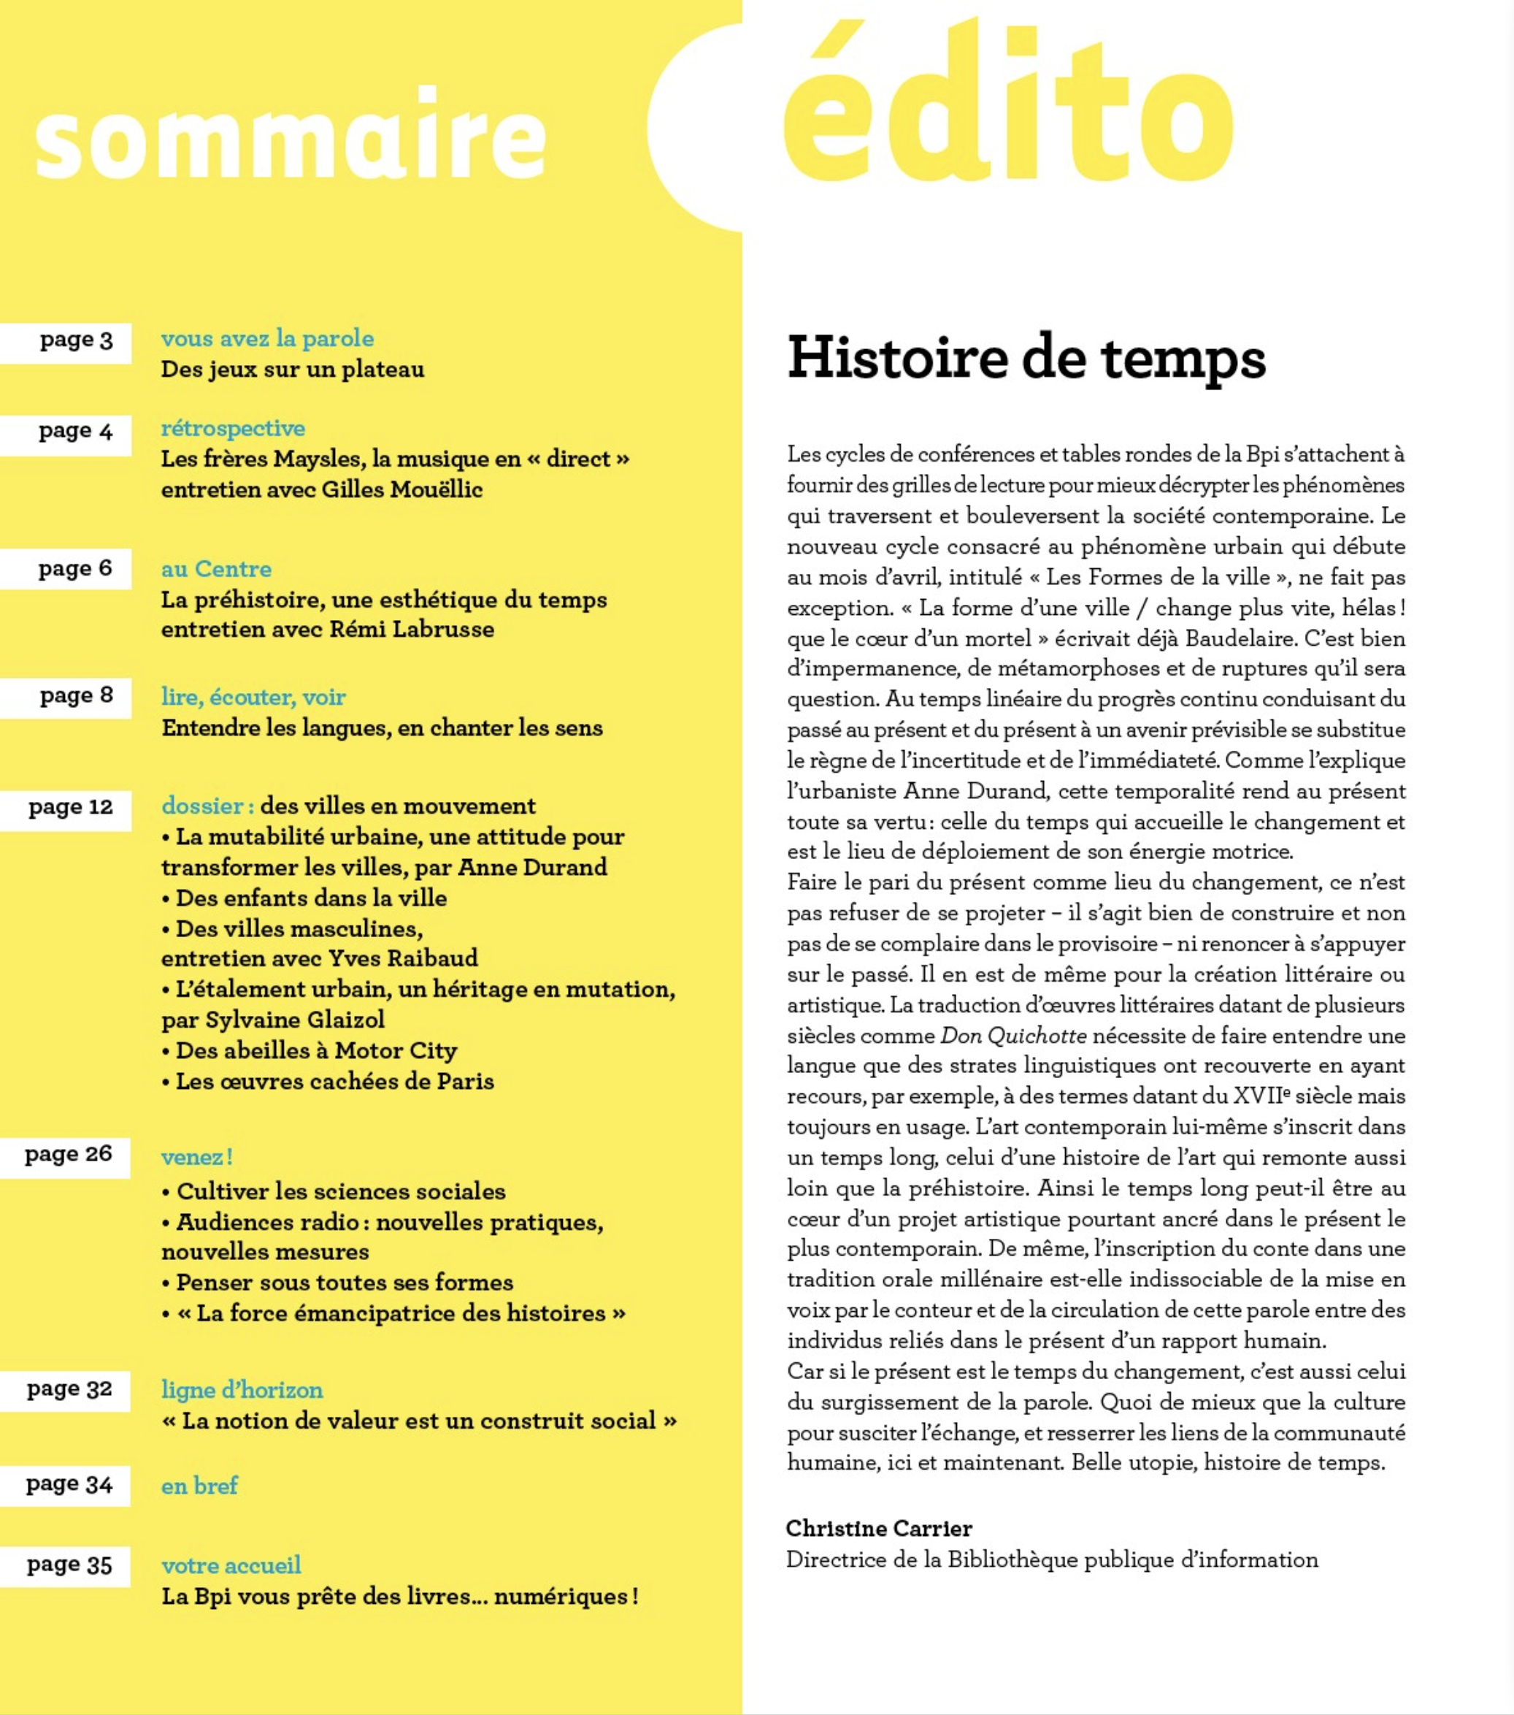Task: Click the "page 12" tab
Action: click(71, 808)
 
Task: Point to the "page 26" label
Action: click(68, 1156)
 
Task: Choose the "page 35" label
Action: click(69, 1567)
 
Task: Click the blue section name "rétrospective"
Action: click(232, 429)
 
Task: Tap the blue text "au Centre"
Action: click(215, 570)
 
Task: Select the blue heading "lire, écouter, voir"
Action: click(253, 698)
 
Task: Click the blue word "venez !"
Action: click(196, 1158)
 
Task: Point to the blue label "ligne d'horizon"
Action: click(242, 1390)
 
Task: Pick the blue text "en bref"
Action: click(199, 1486)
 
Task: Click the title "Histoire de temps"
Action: click(1025, 359)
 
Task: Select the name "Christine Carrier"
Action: click(878, 1529)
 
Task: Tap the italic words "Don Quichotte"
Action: click(1012, 1036)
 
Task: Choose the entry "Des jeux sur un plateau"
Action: click(292, 370)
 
